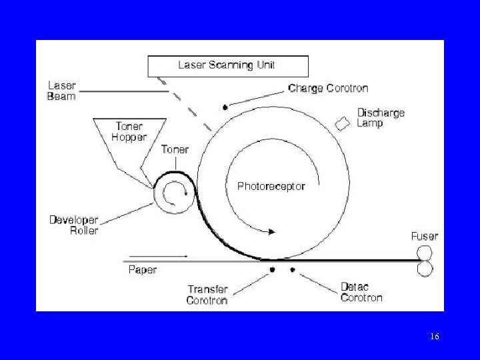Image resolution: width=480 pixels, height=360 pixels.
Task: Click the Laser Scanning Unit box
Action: [x=227, y=66]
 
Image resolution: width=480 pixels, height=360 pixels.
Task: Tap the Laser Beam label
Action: [x=62, y=91]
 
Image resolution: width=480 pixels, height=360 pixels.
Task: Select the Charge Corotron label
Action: [x=328, y=88]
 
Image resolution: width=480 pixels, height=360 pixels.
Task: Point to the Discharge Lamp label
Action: [x=381, y=117]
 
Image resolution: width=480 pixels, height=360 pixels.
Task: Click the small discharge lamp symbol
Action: [x=343, y=124]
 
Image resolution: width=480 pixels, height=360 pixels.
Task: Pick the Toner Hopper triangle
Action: [x=129, y=137]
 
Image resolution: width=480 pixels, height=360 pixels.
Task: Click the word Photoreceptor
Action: [x=271, y=186]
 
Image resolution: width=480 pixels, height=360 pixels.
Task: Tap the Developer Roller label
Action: [x=74, y=225]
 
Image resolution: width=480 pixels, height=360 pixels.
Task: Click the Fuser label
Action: [x=425, y=236]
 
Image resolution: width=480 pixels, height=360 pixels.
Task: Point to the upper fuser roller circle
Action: [x=425, y=253]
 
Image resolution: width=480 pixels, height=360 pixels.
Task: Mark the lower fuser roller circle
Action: [x=425, y=268]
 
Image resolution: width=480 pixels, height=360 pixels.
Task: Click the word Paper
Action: [x=142, y=270]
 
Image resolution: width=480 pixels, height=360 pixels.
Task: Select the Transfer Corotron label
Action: [x=207, y=295]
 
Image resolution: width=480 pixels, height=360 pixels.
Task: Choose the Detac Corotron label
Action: [x=361, y=292]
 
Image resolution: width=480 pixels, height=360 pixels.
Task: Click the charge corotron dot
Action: [x=225, y=107]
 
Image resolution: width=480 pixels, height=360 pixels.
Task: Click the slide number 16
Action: [x=434, y=337]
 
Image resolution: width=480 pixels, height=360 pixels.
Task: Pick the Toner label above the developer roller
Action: [x=175, y=149]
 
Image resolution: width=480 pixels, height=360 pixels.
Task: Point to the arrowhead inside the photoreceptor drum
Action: [x=272, y=231]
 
